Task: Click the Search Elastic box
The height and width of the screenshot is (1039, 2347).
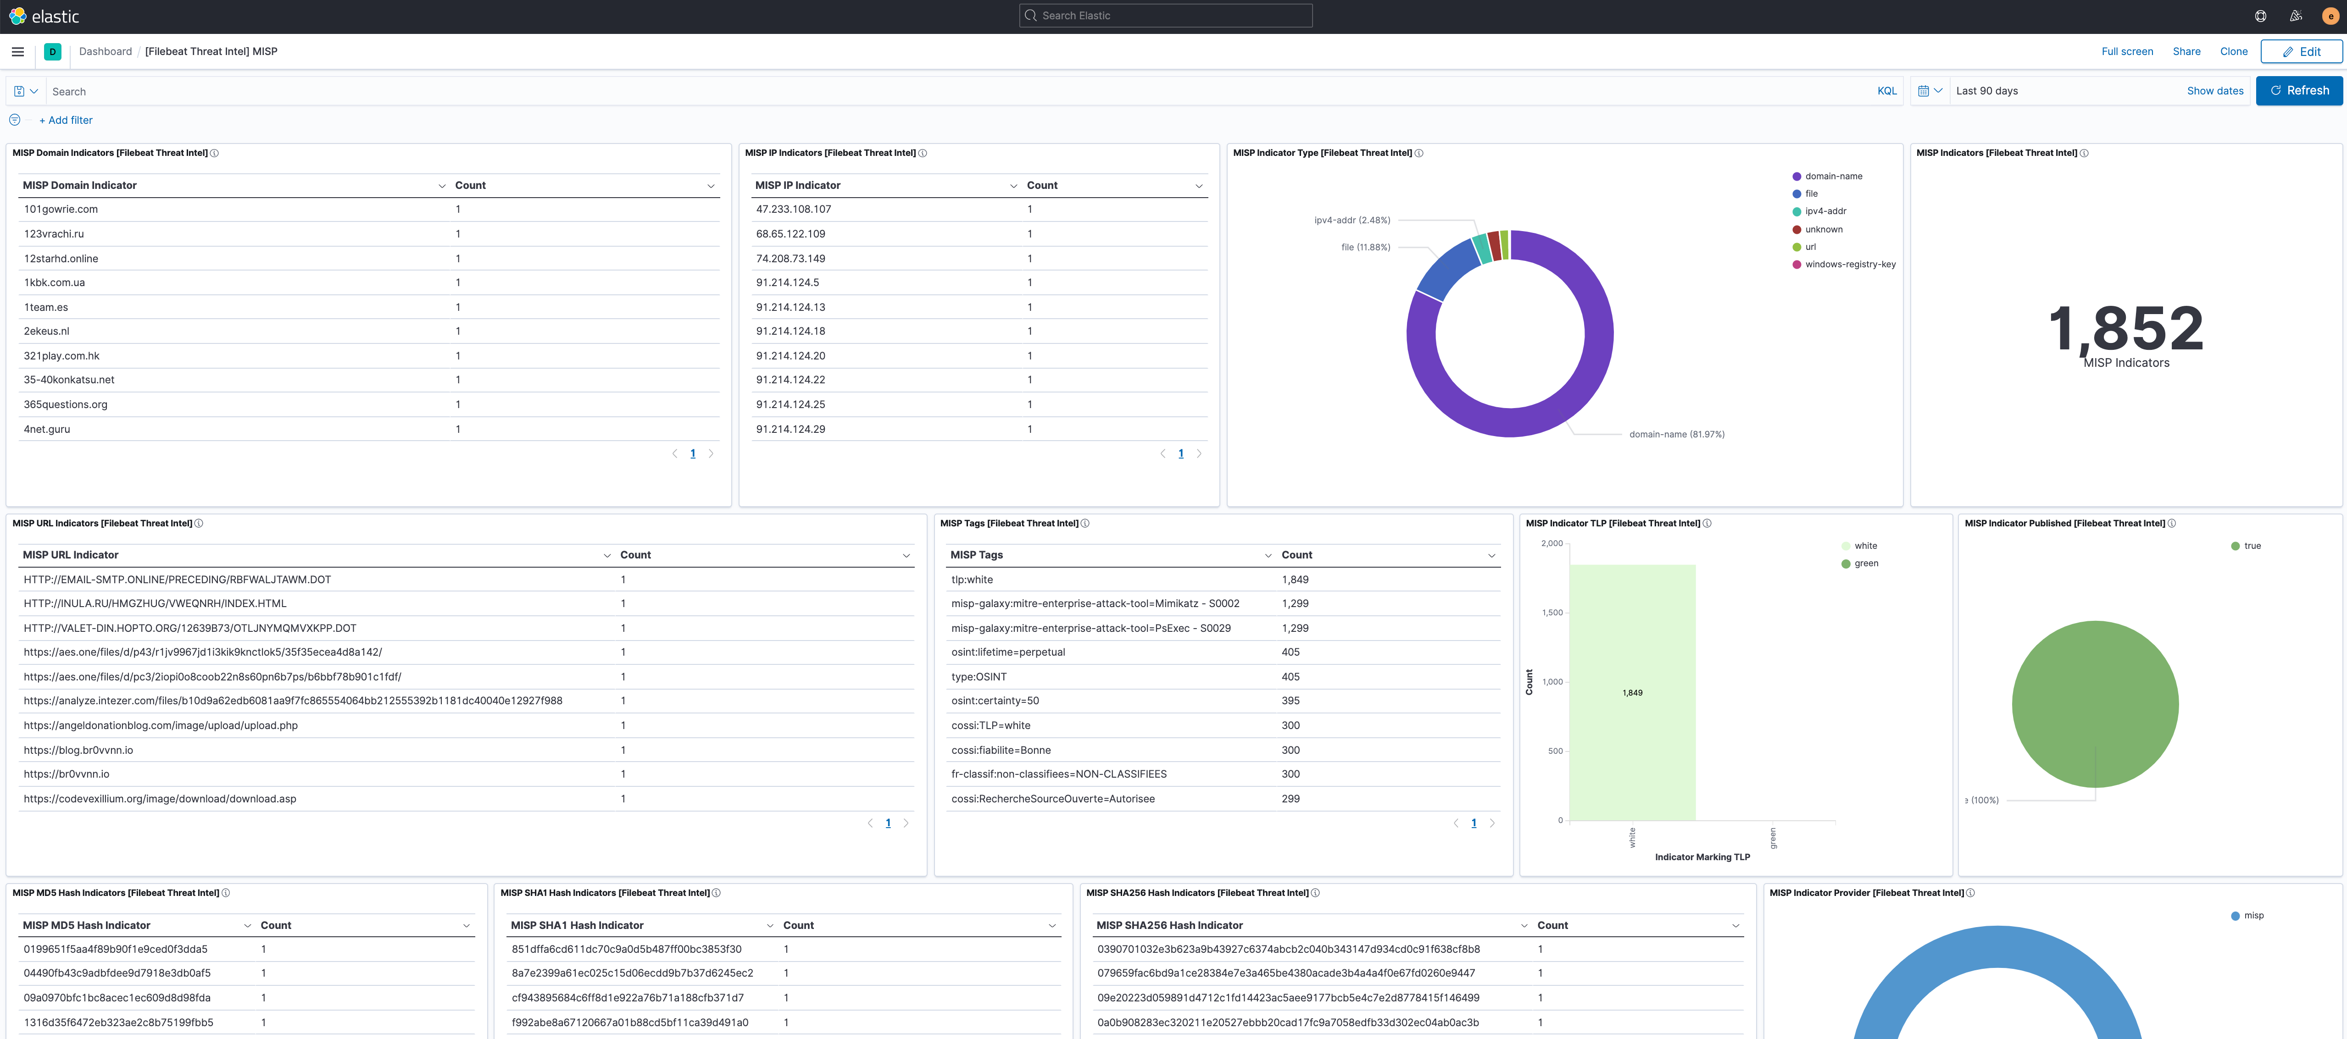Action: tap(1165, 16)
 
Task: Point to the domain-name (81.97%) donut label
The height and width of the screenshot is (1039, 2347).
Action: tap(1676, 434)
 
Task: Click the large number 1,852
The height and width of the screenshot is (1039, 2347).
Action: tap(2125, 328)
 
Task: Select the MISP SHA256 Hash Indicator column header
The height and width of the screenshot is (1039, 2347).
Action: tap(1169, 925)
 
